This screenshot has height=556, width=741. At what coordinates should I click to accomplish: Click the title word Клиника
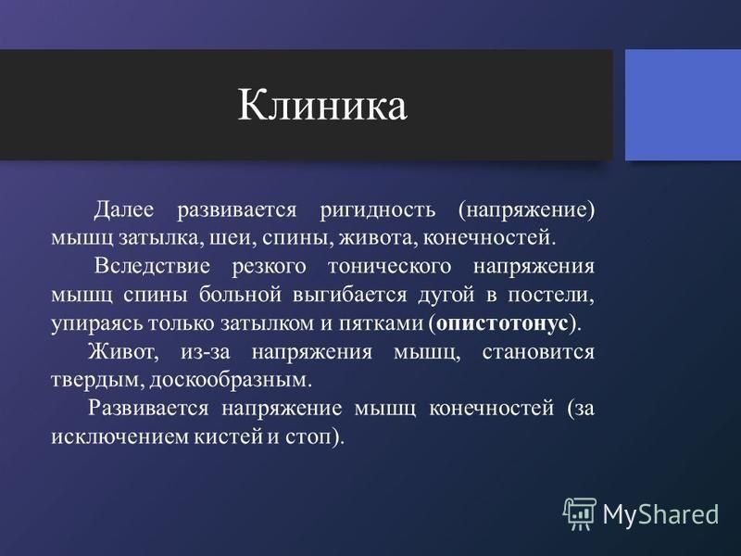coord(321,105)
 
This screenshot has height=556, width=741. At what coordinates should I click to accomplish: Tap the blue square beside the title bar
coord(683,105)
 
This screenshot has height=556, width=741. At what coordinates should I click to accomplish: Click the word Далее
coord(124,209)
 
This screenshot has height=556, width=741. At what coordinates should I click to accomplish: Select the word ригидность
coord(377,210)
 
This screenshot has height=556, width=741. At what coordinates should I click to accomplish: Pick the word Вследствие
coord(152,266)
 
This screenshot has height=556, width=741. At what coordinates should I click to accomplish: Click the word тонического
coord(389,266)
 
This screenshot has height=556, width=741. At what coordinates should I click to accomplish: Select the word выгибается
coord(350,296)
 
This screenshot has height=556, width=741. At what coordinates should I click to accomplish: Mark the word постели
coord(551,296)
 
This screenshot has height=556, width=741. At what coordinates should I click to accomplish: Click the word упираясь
coord(98,324)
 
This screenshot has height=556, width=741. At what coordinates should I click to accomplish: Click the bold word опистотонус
coord(502,323)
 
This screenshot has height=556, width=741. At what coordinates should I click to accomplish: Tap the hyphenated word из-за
coord(205,352)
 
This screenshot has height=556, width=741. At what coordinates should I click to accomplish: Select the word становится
coord(538,352)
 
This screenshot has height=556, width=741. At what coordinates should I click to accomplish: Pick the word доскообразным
coord(231,381)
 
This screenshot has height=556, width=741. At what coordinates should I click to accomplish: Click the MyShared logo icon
coord(579,513)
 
